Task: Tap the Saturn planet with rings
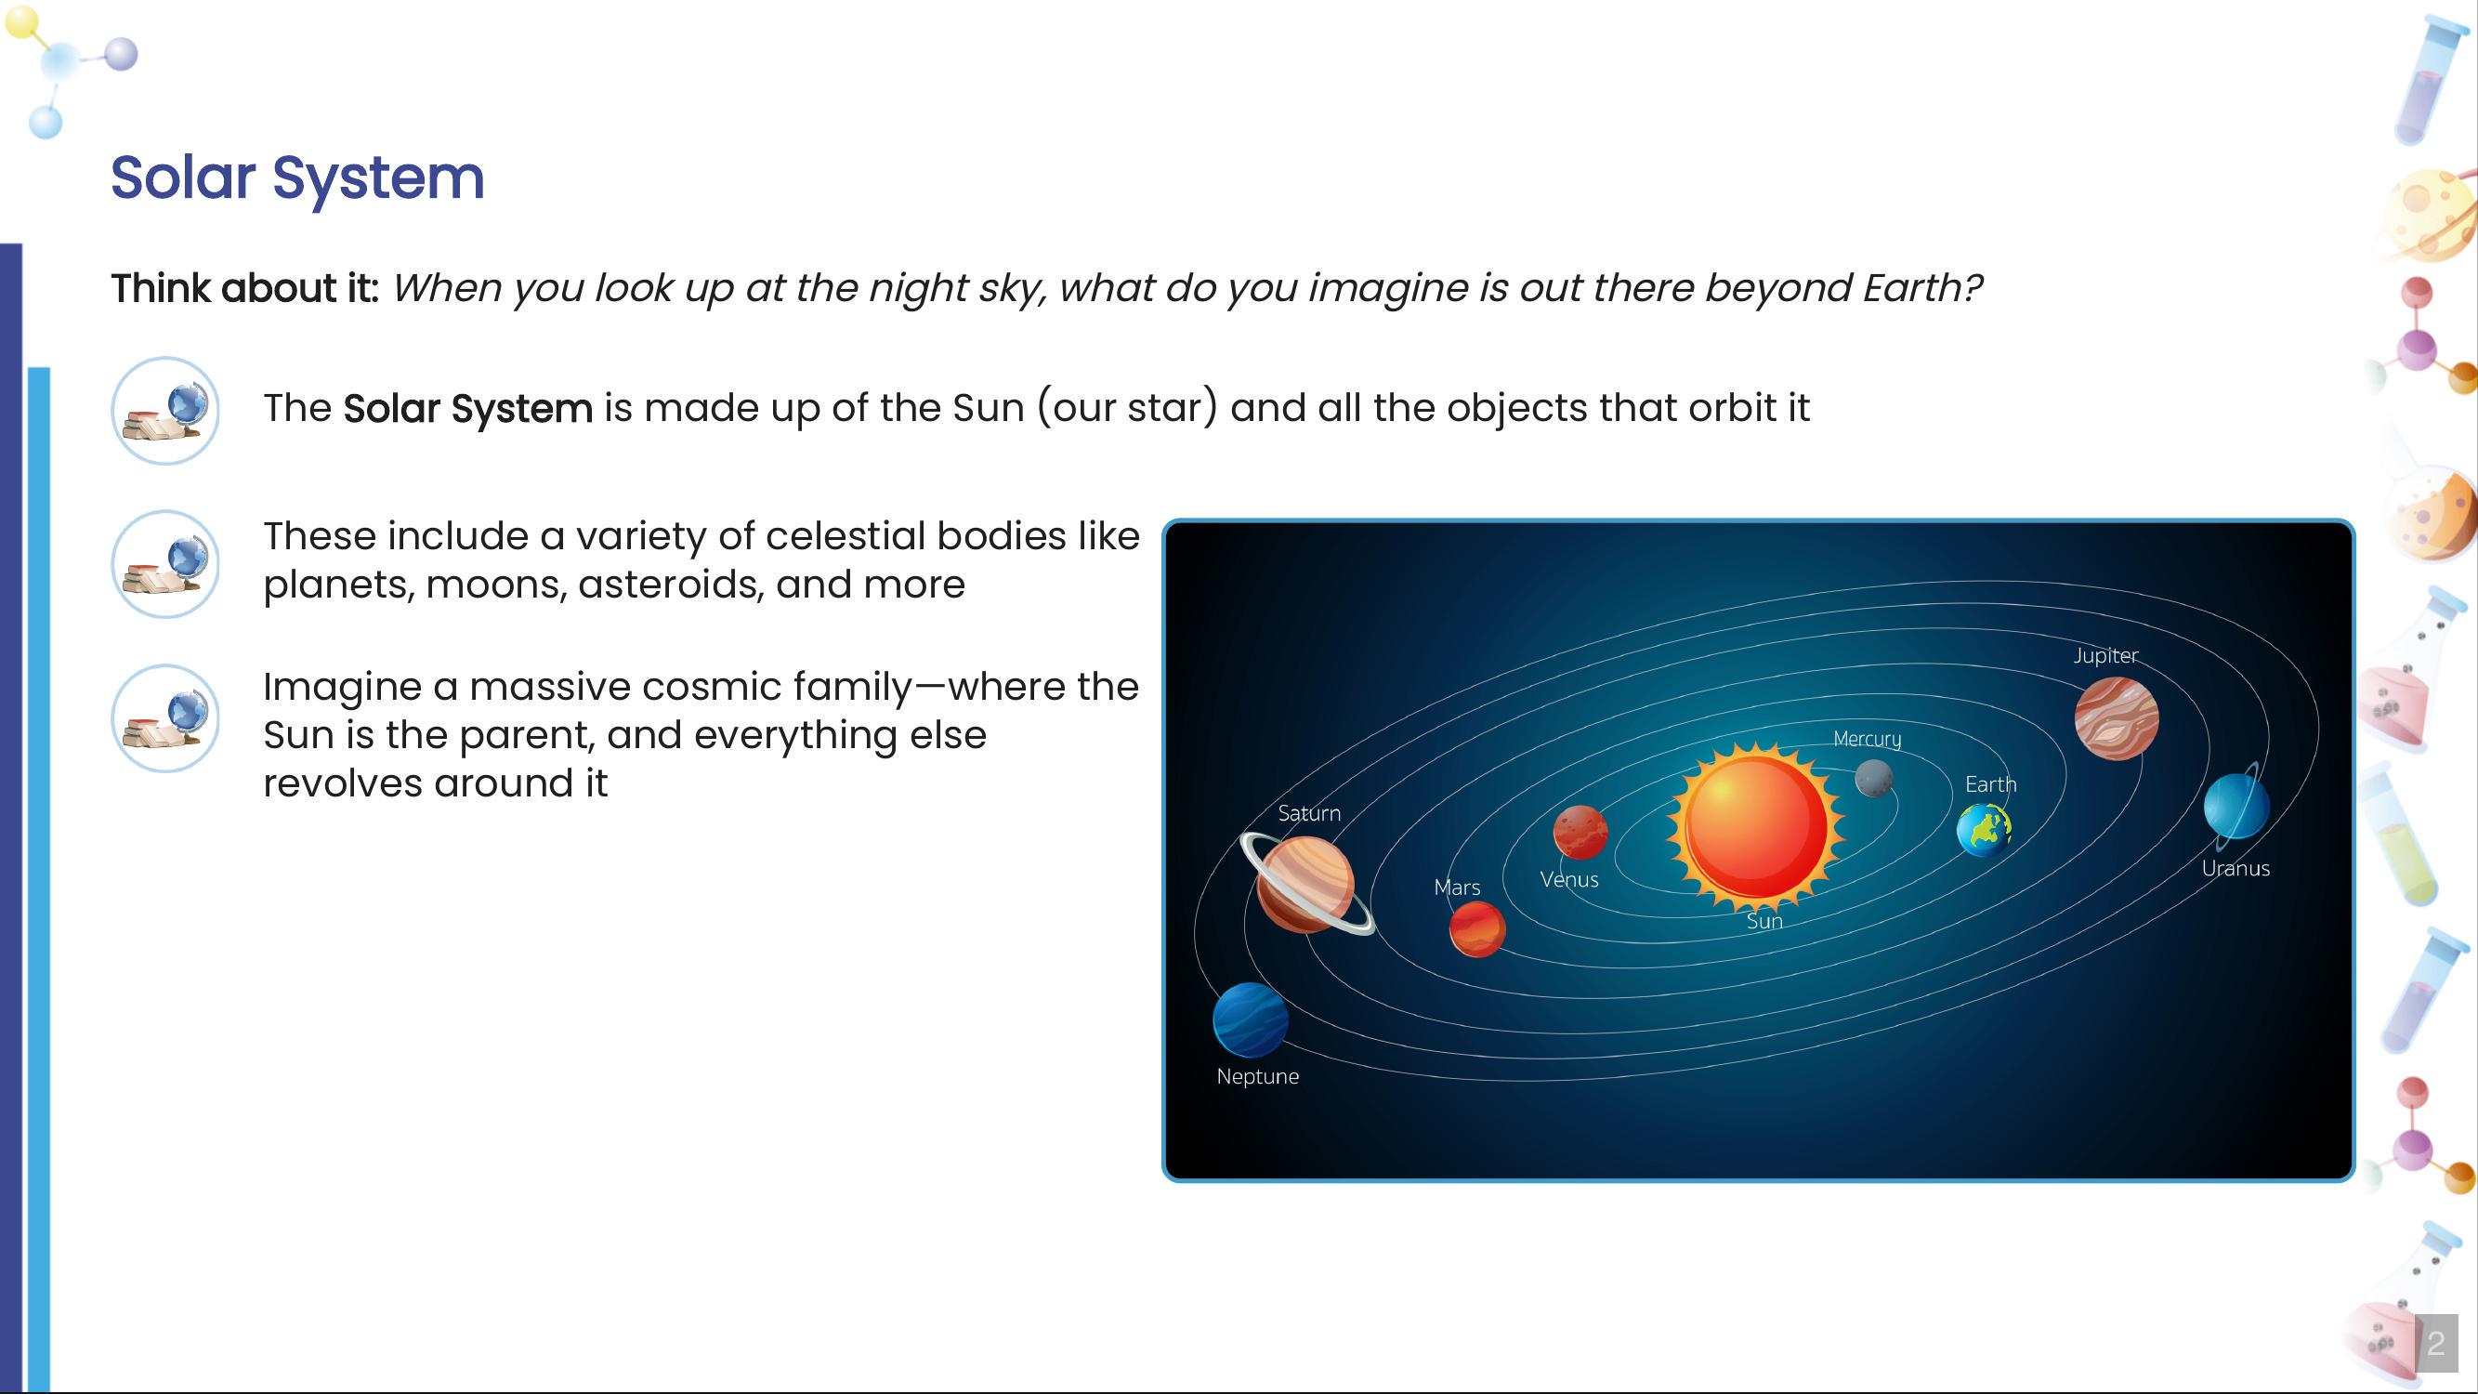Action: pyautogui.click(x=1305, y=884)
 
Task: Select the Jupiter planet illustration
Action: pyautogui.click(x=2117, y=717)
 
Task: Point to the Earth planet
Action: pyautogui.click(x=1984, y=829)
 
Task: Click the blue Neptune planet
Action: pyautogui.click(x=1250, y=1019)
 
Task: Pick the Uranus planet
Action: pyautogui.click(x=2235, y=806)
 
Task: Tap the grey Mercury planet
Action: pyautogui.click(x=1873, y=778)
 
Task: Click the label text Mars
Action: pyautogui.click(x=1456, y=887)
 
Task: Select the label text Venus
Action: pyautogui.click(x=1569, y=879)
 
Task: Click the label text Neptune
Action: pyautogui.click(x=1257, y=1076)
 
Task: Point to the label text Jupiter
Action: pyautogui.click(x=2104, y=655)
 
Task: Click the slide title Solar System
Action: pyautogui.click(x=297, y=178)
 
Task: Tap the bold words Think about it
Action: pyautogui.click(x=244, y=289)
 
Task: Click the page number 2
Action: pyautogui.click(x=2434, y=1343)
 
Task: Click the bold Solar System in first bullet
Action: pyautogui.click(x=467, y=409)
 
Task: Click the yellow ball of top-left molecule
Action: pyautogui.click(x=21, y=22)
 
